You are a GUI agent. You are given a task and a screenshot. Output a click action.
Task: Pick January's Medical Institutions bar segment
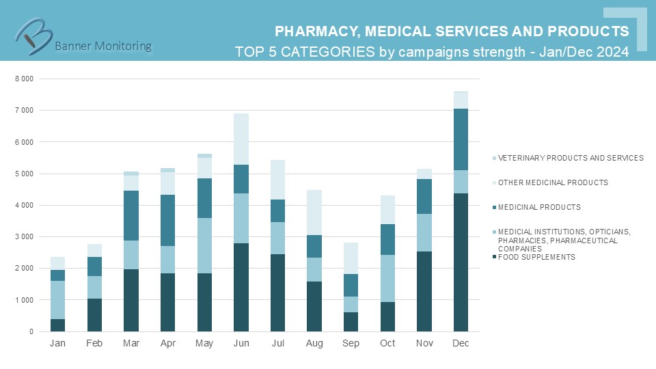[58, 300]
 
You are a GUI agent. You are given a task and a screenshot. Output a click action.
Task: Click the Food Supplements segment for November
[424, 291]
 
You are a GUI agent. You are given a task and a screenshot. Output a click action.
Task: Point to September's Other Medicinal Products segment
[351, 258]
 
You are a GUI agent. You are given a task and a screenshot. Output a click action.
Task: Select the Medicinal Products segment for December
[461, 139]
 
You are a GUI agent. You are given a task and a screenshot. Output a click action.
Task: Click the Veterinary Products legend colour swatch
[493, 158]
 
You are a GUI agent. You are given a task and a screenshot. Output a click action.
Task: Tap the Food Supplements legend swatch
[493, 257]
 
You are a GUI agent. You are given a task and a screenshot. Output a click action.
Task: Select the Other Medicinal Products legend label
[553, 182]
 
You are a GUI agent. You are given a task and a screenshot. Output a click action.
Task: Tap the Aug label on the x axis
[315, 342]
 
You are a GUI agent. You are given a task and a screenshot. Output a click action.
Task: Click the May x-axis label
[205, 342]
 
